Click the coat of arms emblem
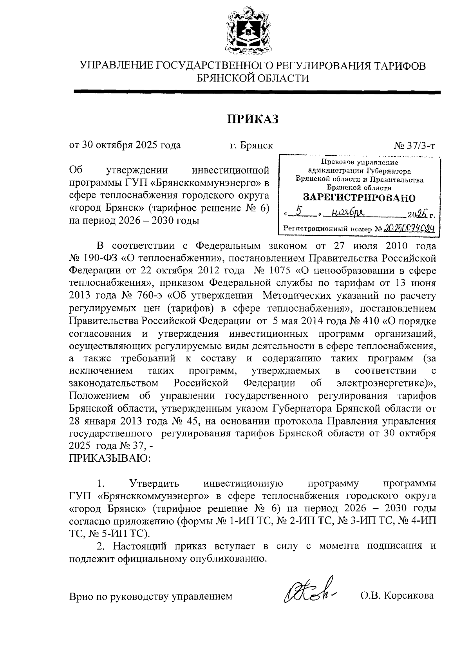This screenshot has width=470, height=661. [x=248, y=31]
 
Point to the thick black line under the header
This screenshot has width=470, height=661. [x=257, y=92]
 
